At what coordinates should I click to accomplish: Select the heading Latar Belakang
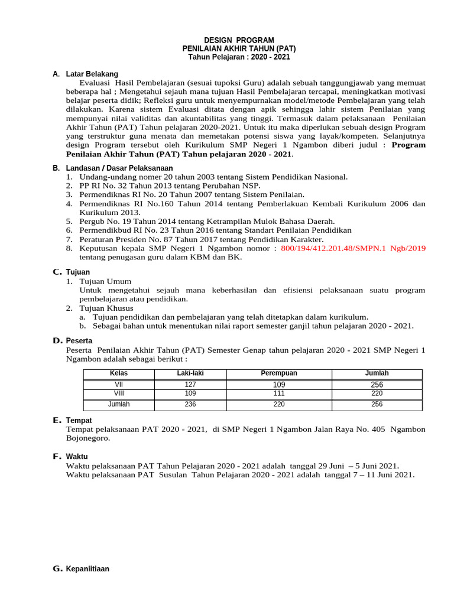pyautogui.click(x=92, y=74)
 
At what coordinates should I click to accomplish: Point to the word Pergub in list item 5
pyautogui.click(x=92, y=221)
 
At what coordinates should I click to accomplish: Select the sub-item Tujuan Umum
pyautogui.click(x=105, y=281)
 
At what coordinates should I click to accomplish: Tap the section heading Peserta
pyautogui.click(x=79, y=341)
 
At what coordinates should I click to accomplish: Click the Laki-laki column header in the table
pyautogui.click(x=190, y=373)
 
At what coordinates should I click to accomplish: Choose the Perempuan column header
pyautogui.click(x=279, y=373)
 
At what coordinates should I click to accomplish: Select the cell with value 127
pyautogui.click(x=190, y=383)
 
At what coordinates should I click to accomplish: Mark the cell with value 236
pyautogui.click(x=190, y=404)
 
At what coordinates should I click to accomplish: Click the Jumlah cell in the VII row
pyautogui.click(x=377, y=383)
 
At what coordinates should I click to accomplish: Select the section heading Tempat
pyautogui.click(x=79, y=420)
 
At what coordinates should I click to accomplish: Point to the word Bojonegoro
pyautogui.click(x=87, y=438)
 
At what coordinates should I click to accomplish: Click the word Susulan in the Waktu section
pyautogui.click(x=175, y=474)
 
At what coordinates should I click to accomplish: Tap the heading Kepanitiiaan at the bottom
pyautogui.click(x=88, y=569)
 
